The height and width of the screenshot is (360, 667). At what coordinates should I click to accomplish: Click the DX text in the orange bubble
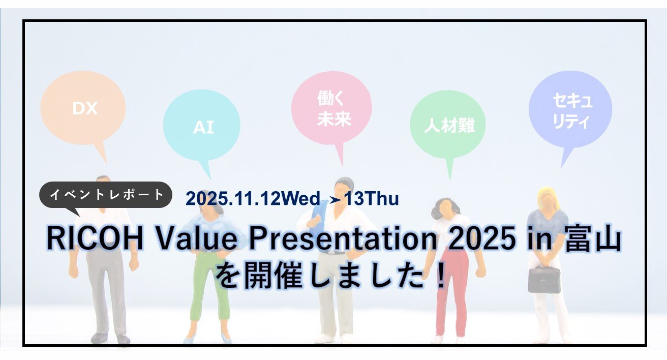85,108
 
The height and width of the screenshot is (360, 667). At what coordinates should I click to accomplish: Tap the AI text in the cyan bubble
203,127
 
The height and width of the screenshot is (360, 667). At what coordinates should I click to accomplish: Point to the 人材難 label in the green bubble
449,125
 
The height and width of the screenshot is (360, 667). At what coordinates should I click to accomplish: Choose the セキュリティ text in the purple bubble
572,111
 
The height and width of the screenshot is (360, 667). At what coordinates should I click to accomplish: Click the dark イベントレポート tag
106,194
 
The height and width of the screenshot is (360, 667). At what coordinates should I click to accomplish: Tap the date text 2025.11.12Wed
253,198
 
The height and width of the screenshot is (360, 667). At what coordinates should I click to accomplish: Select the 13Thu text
372,198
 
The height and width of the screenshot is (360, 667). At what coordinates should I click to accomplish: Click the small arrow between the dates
335,199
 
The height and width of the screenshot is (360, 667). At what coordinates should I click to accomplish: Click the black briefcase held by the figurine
544,279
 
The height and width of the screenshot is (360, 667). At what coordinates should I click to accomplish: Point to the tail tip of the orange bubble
106,164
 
